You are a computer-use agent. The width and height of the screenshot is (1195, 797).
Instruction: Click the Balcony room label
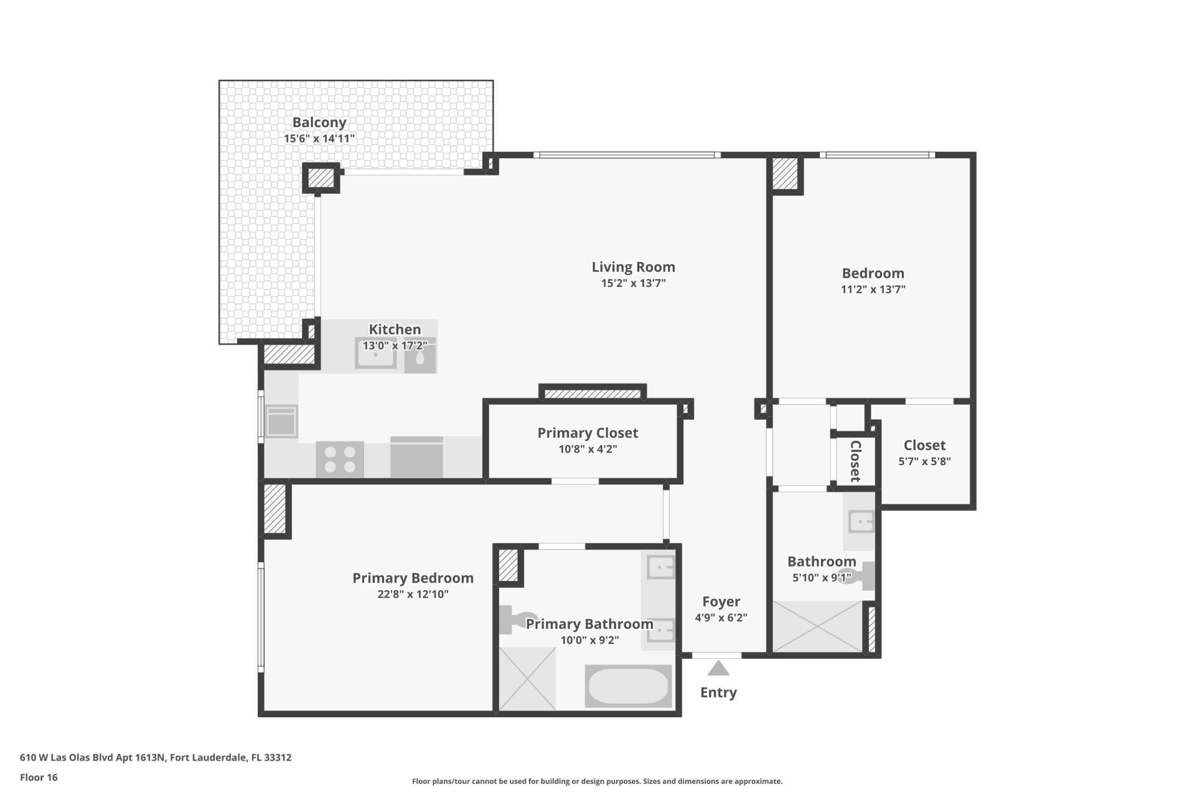click(x=319, y=123)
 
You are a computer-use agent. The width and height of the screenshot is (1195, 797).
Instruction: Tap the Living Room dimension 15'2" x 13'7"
click(x=633, y=283)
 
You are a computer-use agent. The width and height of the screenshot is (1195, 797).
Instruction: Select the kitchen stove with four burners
click(x=339, y=460)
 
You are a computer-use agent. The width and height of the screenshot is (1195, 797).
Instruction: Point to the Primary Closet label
click(x=588, y=433)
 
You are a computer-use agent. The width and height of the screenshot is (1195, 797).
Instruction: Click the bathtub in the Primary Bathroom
click(x=628, y=686)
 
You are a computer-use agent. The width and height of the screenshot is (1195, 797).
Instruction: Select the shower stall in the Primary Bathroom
click(x=527, y=679)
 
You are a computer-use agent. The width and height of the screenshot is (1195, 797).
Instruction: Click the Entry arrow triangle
click(x=718, y=669)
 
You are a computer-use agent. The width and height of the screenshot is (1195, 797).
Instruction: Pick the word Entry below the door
click(x=718, y=692)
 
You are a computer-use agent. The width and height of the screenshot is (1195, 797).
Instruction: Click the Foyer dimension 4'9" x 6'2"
click(x=721, y=618)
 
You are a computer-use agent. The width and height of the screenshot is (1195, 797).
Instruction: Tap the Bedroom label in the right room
click(x=873, y=273)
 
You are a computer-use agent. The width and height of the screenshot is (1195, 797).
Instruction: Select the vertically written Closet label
click(x=855, y=461)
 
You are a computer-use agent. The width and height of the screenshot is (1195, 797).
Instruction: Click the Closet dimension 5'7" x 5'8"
click(x=924, y=461)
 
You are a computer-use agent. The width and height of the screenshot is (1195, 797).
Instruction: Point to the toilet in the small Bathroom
click(x=859, y=576)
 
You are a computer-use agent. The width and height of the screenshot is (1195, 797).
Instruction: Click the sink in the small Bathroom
click(x=861, y=521)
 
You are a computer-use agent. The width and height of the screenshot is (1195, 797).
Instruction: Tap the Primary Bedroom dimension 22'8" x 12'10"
click(x=413, y=594)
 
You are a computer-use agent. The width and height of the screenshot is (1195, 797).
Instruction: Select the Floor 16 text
click(x=39, y=777)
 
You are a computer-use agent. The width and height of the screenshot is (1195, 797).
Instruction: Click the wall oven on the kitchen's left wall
click(x=281, y=422)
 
